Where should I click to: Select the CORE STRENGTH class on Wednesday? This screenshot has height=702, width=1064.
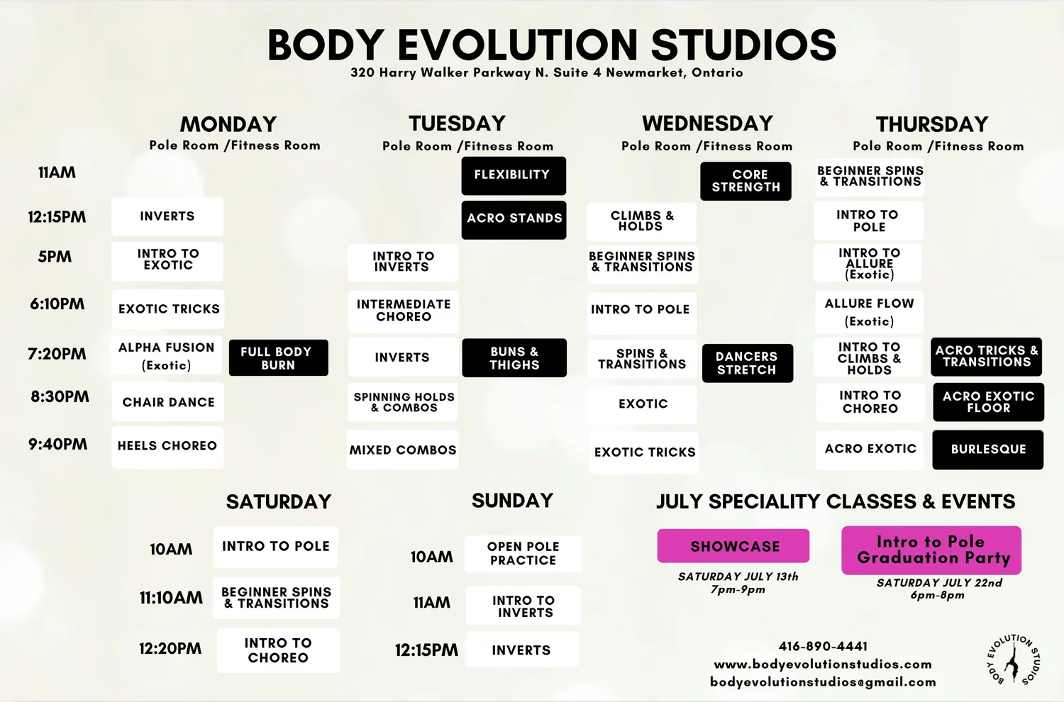click(x=746, y=181)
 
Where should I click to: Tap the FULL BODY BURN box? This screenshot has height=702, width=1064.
click(x=278, y=358)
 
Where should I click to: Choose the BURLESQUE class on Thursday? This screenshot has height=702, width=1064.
click(x=987, y=450)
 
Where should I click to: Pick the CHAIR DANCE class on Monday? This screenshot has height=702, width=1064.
click(x=168, y=402)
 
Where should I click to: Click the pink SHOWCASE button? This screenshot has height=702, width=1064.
click(x=733, y=546)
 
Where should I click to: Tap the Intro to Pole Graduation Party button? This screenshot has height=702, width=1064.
click(x=931, y=550)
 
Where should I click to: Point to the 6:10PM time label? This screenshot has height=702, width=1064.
click(x=57, y=304)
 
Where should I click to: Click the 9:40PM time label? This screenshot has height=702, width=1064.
click(x=58, y=445)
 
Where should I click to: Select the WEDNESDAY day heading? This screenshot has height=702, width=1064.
click(x=707, y=123)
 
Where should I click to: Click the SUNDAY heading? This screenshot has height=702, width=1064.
click(x=512, y=501)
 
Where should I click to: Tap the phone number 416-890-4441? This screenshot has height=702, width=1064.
click(x=823, y=647)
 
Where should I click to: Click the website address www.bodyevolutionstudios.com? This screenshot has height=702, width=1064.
click(x=823, y=664)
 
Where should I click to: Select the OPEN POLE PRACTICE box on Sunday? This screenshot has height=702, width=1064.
click(x=523, y=554)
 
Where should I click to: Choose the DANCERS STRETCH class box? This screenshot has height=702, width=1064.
click(x=747, y=363)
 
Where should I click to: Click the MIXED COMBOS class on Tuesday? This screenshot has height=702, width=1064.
click(x=402, y=450)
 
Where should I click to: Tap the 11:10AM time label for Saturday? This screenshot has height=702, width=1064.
click(x=171, y=598)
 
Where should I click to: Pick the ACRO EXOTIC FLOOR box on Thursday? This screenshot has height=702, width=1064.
click(x=988, y=402)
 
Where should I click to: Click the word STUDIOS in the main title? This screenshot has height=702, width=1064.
click(x=743, y=45)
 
